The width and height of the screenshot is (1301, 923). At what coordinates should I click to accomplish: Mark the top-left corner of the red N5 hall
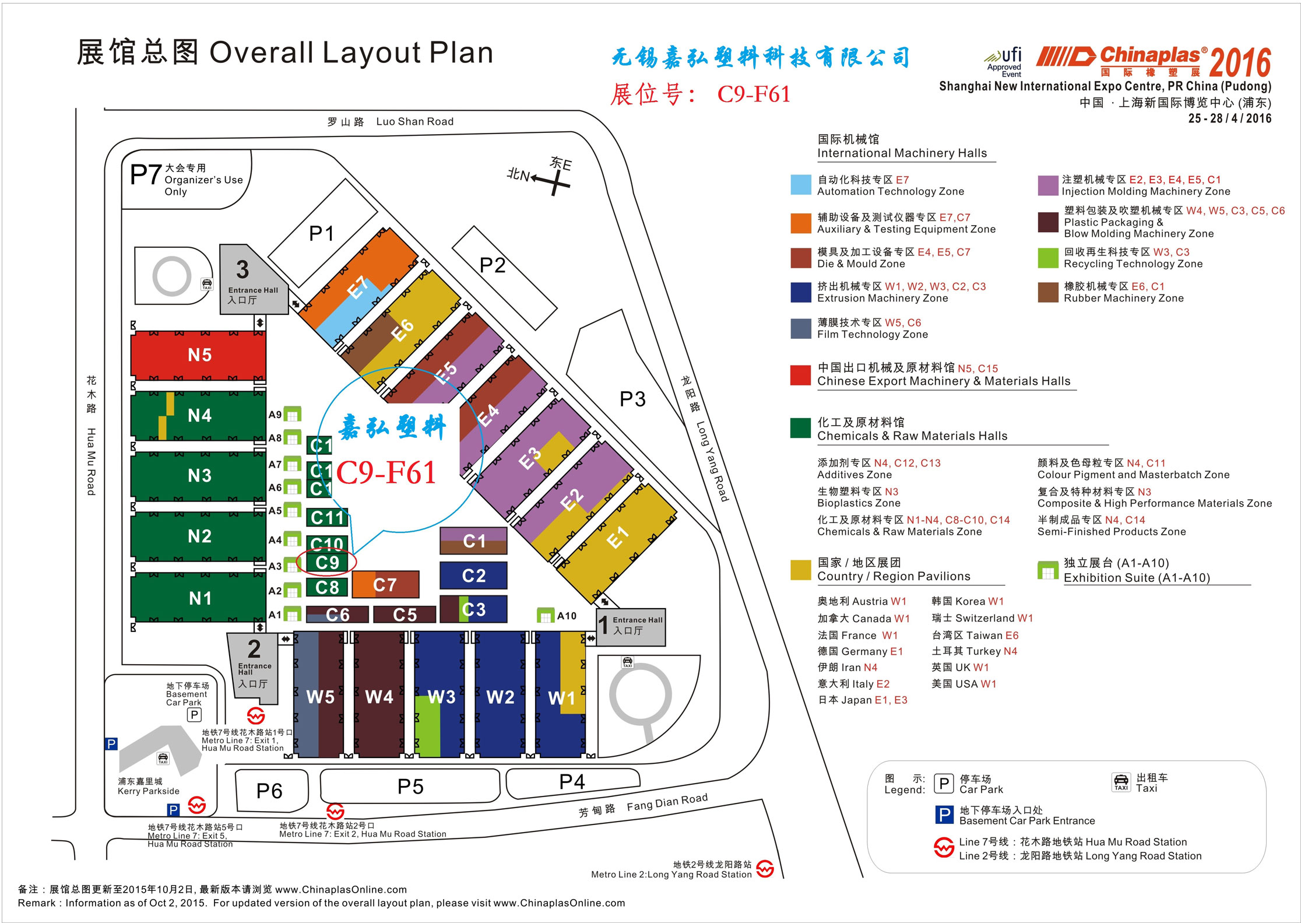click(x=132, y=332)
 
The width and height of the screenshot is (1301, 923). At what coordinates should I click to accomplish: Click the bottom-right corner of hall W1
click(x=585, y=757)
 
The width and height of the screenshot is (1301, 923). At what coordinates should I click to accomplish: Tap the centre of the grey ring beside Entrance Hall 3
click(x=172, y=276)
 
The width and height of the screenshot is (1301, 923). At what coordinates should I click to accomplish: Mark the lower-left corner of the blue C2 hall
click(x=440, y=588)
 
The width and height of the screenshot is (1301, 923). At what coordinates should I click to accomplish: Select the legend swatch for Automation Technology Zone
click(x=800, y=185)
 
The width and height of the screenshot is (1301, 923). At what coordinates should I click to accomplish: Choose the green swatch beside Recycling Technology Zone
click(x=1047, y=258)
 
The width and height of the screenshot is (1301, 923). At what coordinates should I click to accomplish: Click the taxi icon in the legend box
click(x=1121, y=782)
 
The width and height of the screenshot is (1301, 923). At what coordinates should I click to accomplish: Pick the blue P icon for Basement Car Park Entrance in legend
click(x=944, y=815)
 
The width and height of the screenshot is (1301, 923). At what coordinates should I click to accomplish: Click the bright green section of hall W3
click(x=427, y=726)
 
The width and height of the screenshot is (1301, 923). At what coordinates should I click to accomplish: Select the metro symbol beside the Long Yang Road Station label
click(x=765, y=869)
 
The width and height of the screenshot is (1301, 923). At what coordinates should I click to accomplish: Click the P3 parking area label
click(x=632, y=399)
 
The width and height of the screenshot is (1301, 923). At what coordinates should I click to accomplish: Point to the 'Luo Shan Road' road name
click(x=414, y=121)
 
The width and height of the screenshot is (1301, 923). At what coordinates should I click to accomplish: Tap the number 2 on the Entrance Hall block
click(x=254, y=649)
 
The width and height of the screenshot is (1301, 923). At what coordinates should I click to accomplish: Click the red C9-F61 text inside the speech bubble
click(x=386, y=472)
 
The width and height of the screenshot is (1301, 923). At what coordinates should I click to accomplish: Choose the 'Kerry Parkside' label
click(x=149, y=791)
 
